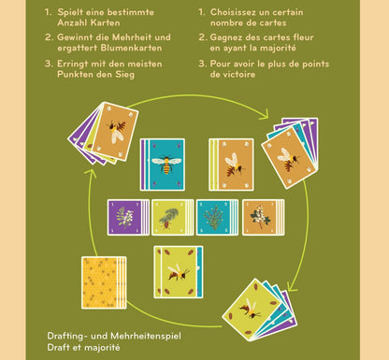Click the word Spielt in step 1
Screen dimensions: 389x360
tap(70, 13)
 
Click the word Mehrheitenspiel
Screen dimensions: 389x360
tap(146, 337)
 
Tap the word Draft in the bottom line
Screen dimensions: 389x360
tap(58, 347)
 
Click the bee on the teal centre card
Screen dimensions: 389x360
tap(166, 165)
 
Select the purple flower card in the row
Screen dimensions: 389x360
tap(124, 217)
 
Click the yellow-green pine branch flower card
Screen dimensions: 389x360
tap(168, 217)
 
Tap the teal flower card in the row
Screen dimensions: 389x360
tap(214, 217)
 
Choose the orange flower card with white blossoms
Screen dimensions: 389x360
tap(260, 217)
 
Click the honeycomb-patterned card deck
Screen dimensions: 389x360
tap(104, 282)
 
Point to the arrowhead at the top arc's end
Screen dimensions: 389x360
tap(265, 115)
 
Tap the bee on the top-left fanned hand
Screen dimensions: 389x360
tap(117, 131)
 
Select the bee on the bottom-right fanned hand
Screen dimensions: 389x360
tap(251, 309)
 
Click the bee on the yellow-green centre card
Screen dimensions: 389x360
tap(179, 272)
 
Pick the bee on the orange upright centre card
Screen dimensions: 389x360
tap(234, 165)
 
